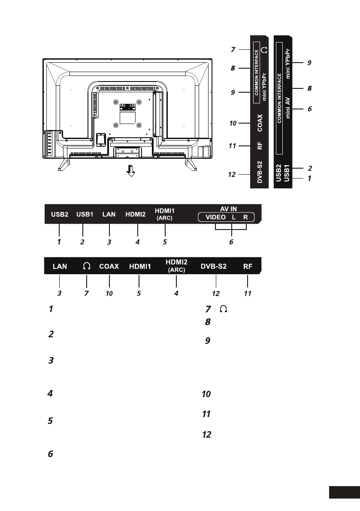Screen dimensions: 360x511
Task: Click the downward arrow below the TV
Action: (130, 171)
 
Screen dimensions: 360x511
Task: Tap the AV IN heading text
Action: (228, 209)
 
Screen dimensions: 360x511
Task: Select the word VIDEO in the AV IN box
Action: (215, 218)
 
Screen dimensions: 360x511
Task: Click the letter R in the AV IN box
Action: (245, 218)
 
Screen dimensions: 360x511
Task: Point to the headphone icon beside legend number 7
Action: (224, 308)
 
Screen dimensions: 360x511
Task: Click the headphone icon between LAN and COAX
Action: (86, 266)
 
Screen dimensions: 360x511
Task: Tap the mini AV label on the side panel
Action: (287, 108)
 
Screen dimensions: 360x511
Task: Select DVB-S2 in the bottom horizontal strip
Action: (213, 266)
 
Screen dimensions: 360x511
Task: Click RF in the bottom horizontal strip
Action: (248, 266)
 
